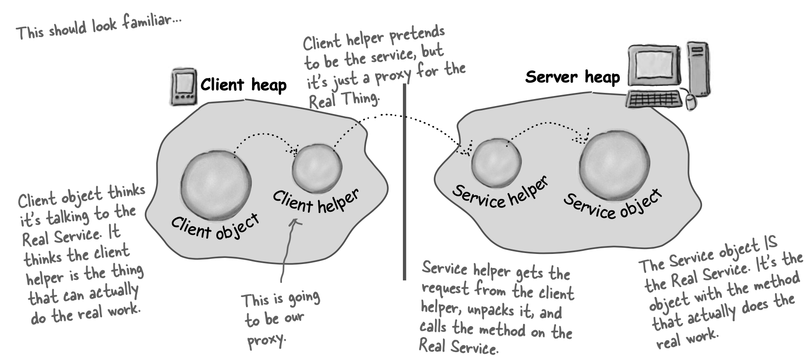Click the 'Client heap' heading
[x=243, y=84]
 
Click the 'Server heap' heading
[x=572, y=77]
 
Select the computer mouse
[x=689, y=102]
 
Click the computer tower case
[x=697, y=66]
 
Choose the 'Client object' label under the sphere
[x=215, y=226]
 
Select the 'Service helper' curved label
[x=501, y=193]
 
